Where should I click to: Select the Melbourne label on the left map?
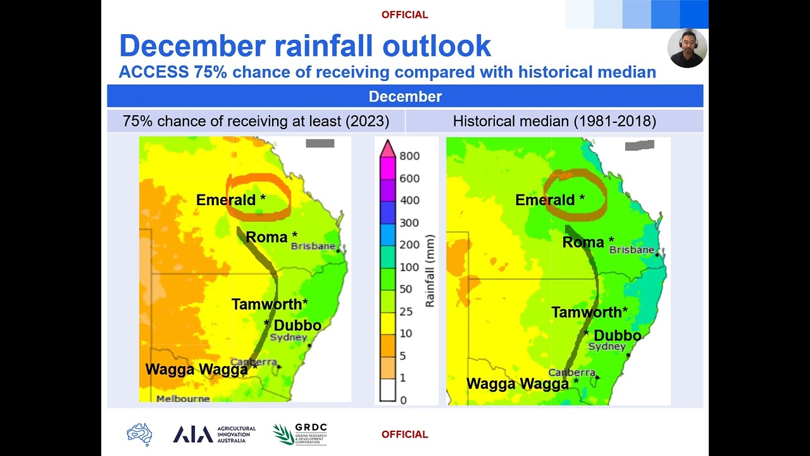coord(183,399)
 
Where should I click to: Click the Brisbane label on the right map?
coord(632,250)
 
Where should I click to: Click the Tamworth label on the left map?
coord(270,304)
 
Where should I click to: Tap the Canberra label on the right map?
coord(571,372)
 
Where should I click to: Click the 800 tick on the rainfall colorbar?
coord(409,156)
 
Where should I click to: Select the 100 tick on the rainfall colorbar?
coord(409,267)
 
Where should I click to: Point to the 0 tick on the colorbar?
coord(403,400)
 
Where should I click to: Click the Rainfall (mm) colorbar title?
coord(430,271)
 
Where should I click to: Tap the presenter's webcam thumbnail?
coord(687,48)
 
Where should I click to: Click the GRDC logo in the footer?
coord(300,434)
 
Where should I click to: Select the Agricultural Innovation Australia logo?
coord(214,434)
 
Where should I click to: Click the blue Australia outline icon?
coord(139,434)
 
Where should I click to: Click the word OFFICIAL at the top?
coord(404,15)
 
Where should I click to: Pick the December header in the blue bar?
coord(405,96)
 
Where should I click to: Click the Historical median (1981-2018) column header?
coord(554,121)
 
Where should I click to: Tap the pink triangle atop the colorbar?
coord(387,148)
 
